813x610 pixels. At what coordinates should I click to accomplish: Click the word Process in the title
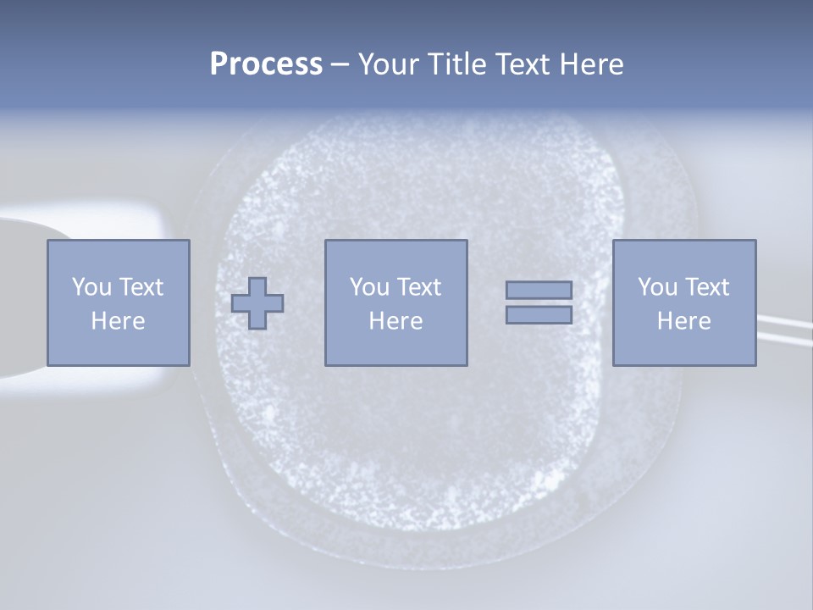coord(266,64)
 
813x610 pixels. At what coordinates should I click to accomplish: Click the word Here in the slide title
coord(591,64)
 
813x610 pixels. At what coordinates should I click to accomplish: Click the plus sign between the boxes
coord(257,303)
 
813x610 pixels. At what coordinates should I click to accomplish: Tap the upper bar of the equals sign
coord(539,290)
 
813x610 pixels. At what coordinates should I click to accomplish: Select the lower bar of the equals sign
coord(539,314)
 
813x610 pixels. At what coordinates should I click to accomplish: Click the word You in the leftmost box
coord(91,287)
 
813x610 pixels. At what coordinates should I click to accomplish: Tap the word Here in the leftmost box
coord(118,321)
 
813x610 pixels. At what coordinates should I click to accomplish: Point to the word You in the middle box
coord(369,287)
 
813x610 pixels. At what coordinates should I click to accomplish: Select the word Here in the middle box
coord(395,321)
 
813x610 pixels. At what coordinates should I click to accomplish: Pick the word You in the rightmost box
coord(657,287)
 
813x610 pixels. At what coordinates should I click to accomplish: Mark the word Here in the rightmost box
coord(683,321)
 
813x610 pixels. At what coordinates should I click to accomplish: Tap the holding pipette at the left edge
coord(21,297)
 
